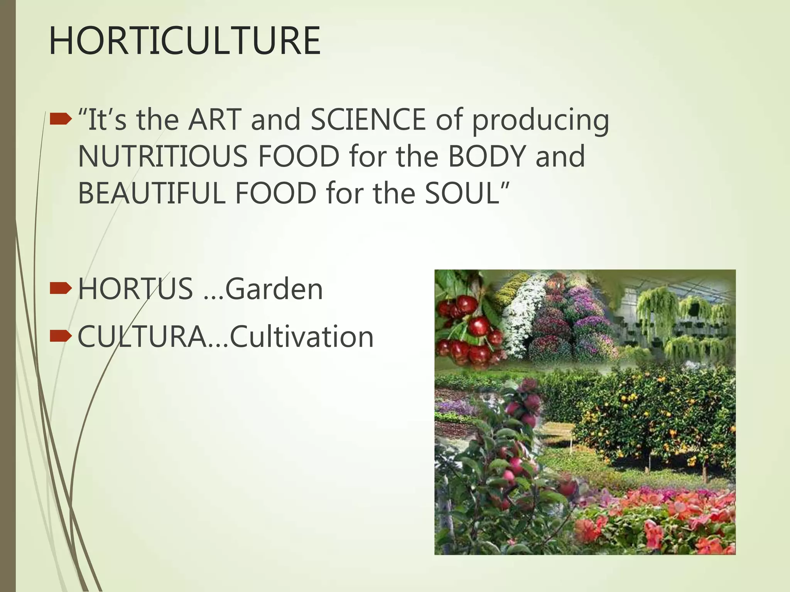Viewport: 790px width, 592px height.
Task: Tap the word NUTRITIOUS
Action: pyautogui.click(x=162, y=156)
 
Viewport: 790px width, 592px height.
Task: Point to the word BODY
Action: pyautogui.click(x=487, y=156)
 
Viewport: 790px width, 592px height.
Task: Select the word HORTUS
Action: pyautogui.click(x=135, y=289)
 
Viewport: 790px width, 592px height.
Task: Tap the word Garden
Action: pyautogui.click(x=274, y=289)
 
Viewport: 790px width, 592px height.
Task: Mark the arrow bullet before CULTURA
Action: pyautogui.click(x=61, y=336)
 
